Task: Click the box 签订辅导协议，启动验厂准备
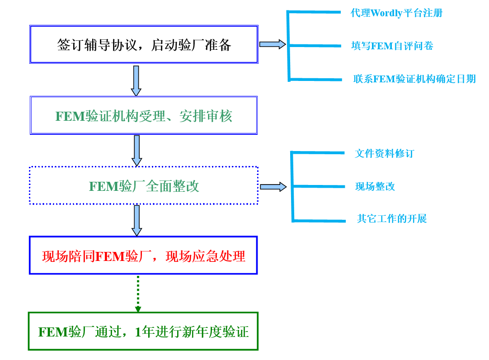pyautogui.click(x=144, y=44)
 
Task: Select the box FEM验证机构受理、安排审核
pyautogui.click(x=144, y=115)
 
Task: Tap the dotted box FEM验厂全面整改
pyautogui.click(x=144, y=186)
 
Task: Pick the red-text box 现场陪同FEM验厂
pyautogui.click(x=143, y=256)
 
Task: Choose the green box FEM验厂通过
pyautogui.click(x=143, y=332)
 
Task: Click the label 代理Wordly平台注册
pyautogui.click(x=396, y=13)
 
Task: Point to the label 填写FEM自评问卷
pyautogui.click(x=392, y=46)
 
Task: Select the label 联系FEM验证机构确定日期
pyautogui.click(x=414, y=79)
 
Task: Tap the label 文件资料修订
pyautogui.click(x=384, y=153)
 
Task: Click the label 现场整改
pyautogui.click(x=375, y=186)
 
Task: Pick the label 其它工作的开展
pyautogui.click(x=392, y=219)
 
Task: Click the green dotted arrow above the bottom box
pyautogui.click(x=138, y=294)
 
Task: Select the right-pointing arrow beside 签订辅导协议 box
pyautogui.click(x=273, y=44)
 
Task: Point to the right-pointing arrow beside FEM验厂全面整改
pyautogui.click(x=273, y=186)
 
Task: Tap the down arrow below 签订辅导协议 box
pyautogui.click(x=136, y=81)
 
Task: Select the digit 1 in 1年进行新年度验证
pyautogui.click(x=138, y=332)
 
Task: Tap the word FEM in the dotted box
pyautogui.click(x=103, y=186)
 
